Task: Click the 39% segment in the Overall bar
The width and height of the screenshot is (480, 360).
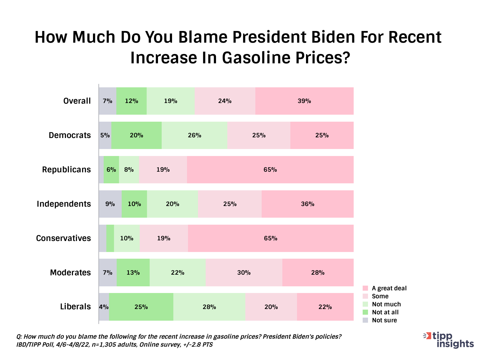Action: click(x=304, y=101)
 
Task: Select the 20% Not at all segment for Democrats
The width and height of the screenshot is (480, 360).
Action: click(x=136, y=135)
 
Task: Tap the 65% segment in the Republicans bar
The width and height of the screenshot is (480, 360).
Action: click(x=270, y=170)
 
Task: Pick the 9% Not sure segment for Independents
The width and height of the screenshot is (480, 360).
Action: click(x=110, y=204)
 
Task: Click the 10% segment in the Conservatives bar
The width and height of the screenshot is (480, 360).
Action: click(x=127, y=238)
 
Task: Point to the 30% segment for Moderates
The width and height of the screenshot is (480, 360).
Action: click(x=244, y=273)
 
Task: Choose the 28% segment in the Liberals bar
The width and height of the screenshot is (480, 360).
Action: click(x=209, y=307)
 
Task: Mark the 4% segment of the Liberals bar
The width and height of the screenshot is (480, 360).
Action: click(x=104, y=307)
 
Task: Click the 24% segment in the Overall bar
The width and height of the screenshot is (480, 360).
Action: click(x=225, y=101)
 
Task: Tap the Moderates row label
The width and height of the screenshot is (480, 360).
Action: click(x=70, y=273)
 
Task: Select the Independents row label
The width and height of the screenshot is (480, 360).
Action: click(x=64, y=204)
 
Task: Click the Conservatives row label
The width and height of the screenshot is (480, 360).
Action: click(x=63, y=238)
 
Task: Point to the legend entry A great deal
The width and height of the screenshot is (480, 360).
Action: click(x=389, y=288)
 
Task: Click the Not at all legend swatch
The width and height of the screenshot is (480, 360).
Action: click(x=365, y=312)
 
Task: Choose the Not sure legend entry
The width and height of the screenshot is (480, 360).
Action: click(x=384, y=320)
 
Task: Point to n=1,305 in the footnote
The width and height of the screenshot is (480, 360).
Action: click(x=113, y=345)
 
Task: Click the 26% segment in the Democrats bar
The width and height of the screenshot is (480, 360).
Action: click(x=194, y=135)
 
